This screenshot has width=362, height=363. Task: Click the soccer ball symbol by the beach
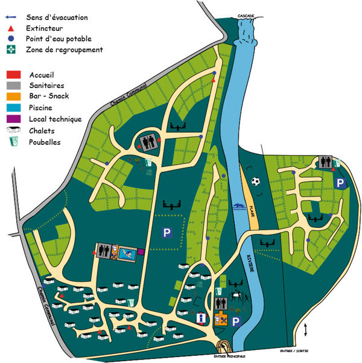point(255,181)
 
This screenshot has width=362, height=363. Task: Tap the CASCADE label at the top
point(246,14)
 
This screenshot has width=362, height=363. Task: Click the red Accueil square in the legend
point(12,74)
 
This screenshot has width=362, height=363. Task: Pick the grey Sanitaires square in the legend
point(12,86)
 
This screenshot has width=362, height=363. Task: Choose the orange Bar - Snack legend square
point(12,96)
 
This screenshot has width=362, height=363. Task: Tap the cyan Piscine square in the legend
point(12,108)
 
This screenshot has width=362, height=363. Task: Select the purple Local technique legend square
point(12,119)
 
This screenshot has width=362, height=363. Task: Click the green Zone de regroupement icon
point(11,49)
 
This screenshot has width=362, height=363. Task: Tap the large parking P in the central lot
point(165,232)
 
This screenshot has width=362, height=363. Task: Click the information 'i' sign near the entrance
point(202,318)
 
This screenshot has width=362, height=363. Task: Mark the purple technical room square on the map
point(141,251)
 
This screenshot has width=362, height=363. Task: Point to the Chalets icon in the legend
point(12,130)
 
